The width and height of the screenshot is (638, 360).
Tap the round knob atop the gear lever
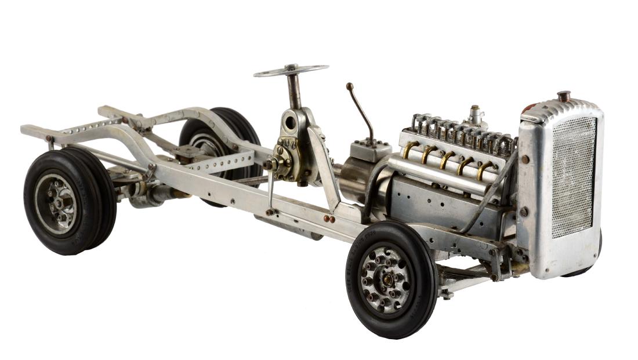350,86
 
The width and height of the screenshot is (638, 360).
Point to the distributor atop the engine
476,115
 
